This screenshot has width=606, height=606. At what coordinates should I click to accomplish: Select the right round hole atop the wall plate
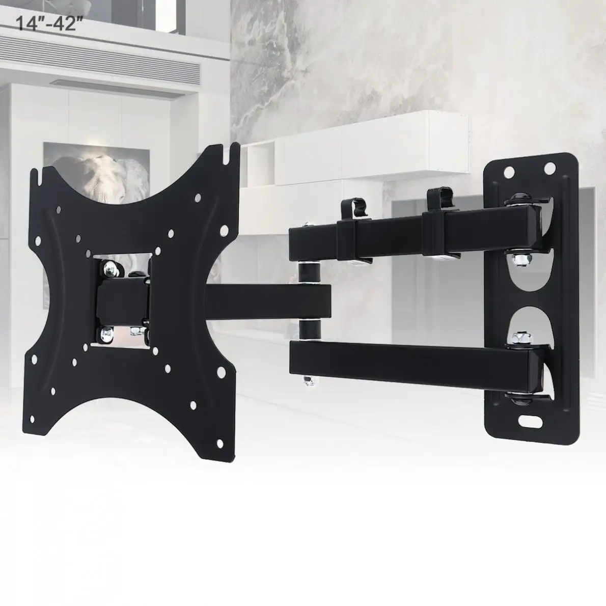549,167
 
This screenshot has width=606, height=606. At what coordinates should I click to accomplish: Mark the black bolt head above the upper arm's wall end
520,197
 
